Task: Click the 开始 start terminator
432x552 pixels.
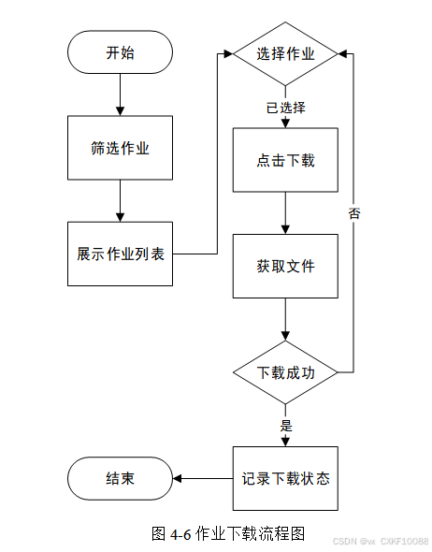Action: [x=120, y=52]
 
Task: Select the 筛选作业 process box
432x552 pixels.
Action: [x=120, y=148]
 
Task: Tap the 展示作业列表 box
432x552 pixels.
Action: [x=120, y=254]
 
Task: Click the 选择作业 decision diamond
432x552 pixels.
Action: [x=285, y=54]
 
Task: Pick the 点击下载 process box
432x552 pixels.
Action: [x=285, y=160]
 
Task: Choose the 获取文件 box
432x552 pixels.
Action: [x=285, y=266]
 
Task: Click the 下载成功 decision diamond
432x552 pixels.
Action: [x=285, y=372]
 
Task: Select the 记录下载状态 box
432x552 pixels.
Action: [x=285, y=478]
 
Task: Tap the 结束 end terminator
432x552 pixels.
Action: [x=120, y=478]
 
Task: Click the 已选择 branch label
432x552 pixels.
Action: [x=285, y=108]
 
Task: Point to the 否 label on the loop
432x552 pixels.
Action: [x=354, y=213]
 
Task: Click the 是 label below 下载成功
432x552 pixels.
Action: [x=286, y=426]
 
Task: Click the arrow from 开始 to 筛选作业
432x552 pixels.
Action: [x=120, y=94]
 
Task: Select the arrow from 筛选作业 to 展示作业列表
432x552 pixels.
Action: [x=120, y=201]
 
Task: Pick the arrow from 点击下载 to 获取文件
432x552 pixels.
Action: [x=285, y=213]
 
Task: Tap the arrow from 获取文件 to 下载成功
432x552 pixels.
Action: [x=285, y=319]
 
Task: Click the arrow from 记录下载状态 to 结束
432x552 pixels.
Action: [x=203, y=478]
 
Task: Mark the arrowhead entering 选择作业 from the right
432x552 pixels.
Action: [x=342, y=54]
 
